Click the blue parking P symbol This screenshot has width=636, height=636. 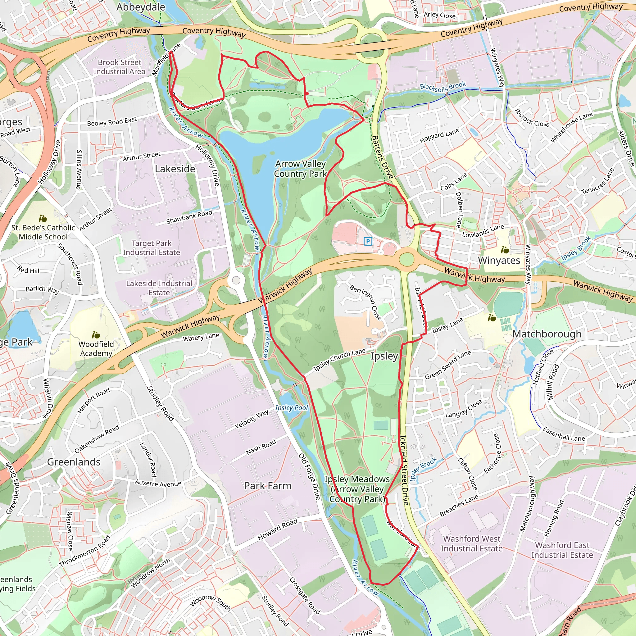[x=368, y=241]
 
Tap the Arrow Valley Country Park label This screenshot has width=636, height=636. [x=300, y=169]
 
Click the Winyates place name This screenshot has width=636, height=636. [x=499, y=260]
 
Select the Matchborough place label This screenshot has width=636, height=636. [x=547, y=334]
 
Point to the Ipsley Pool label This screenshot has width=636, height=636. [x=291, y=408]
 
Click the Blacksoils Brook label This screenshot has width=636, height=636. [x=443, y=87]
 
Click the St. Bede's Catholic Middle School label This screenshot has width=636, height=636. [x=43, y=232]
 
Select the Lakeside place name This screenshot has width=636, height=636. [x=175, y=169]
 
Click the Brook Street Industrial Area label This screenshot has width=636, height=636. [x=120, y=67]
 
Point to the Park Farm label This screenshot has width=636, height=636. [x=268, y=486]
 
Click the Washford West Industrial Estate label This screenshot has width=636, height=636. [x=471, y=543]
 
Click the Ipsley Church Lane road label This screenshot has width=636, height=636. [x=339, y=360]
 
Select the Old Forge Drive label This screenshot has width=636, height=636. [x=309, y=476]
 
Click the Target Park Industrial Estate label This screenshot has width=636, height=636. [x=152, y=248]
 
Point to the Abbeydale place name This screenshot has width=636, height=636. [x=141, y=7]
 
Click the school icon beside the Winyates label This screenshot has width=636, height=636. [x=505, y=250]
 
